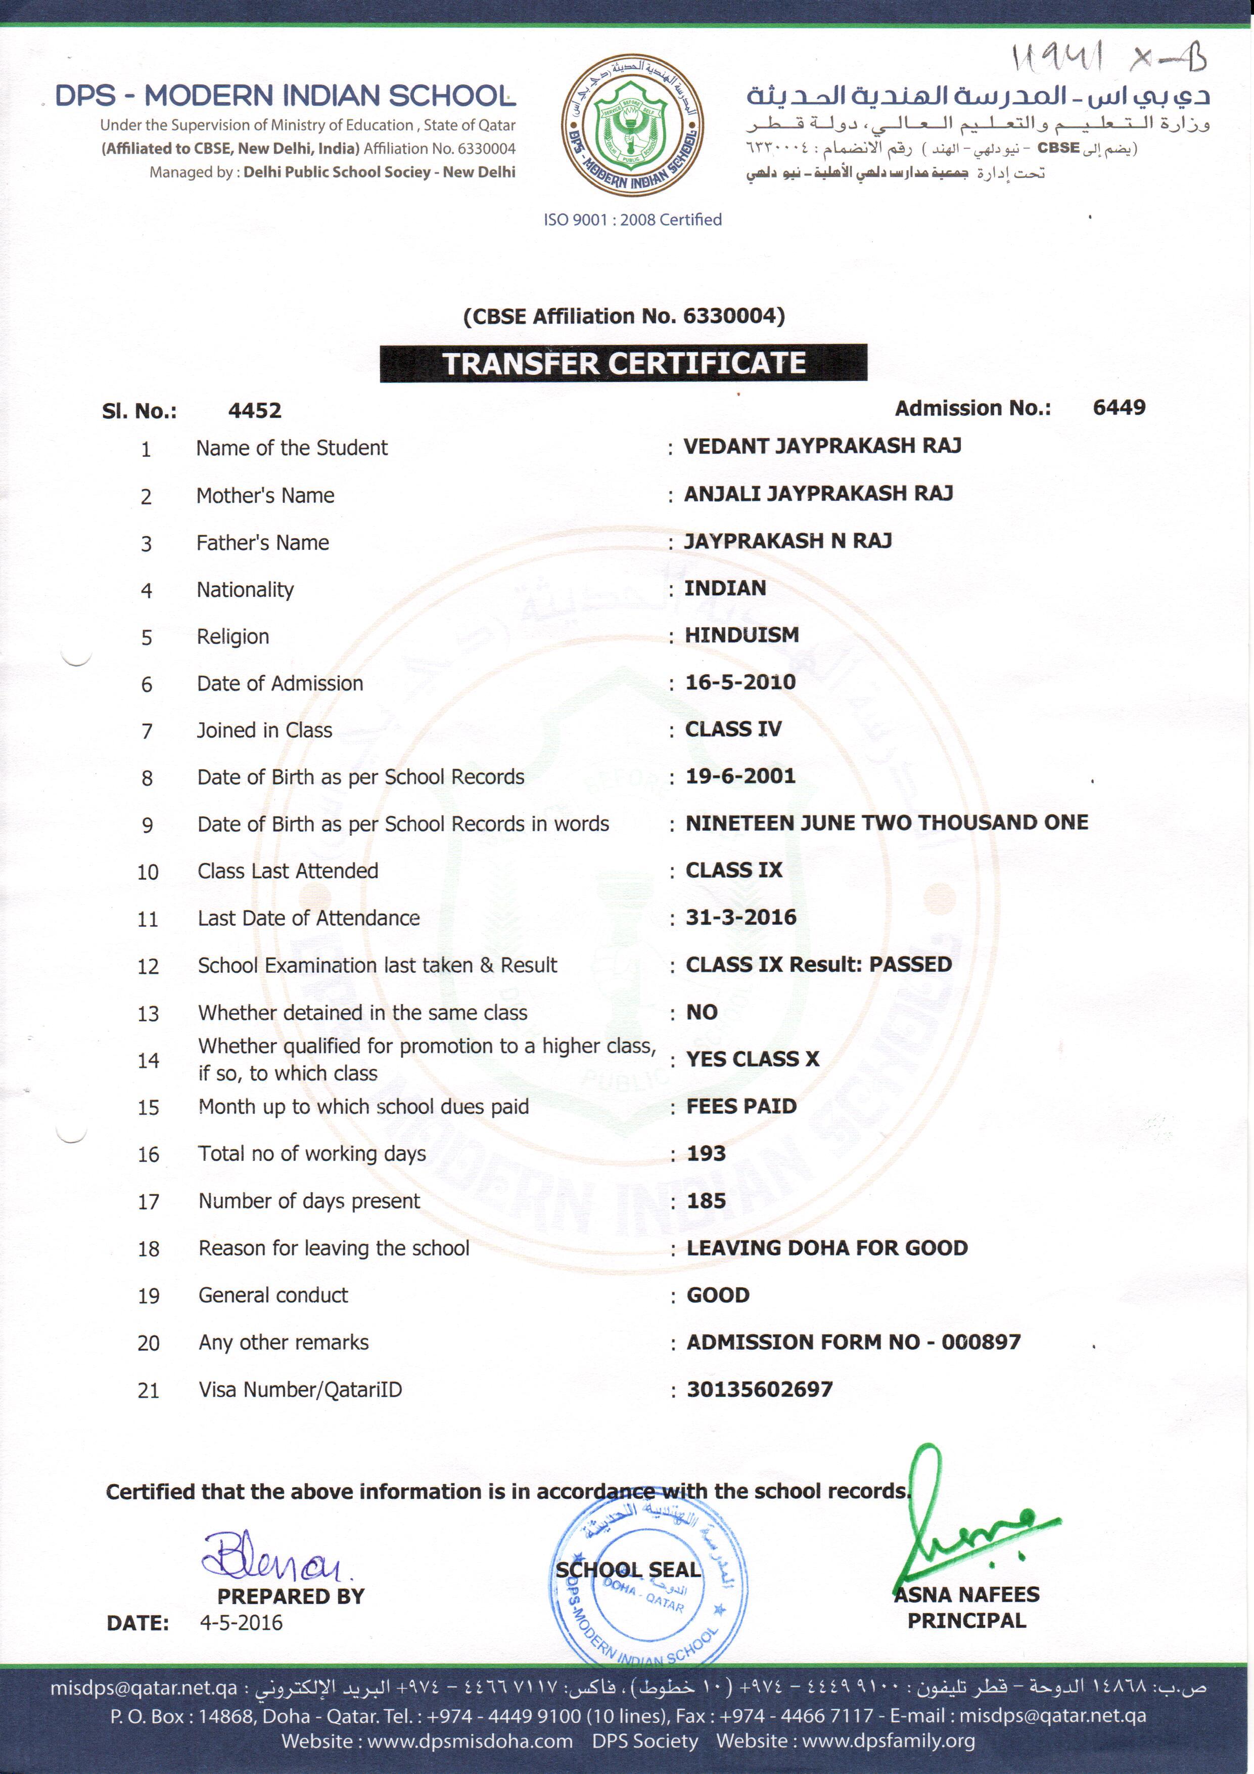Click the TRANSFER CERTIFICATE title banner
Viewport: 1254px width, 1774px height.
623,363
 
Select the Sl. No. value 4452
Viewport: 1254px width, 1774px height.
255,410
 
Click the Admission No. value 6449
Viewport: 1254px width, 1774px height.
1119,407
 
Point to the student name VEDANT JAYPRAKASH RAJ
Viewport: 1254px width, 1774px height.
822,446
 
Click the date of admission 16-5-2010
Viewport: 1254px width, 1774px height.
740,682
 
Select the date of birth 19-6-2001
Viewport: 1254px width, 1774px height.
740,776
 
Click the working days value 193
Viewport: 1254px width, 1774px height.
707,1153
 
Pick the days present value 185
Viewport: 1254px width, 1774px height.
707,1201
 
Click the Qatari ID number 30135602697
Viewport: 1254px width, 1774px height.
760,1389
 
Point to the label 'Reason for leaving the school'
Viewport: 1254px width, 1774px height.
334,1248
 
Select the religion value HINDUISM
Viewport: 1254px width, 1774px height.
742,635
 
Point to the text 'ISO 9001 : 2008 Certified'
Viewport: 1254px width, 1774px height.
632,220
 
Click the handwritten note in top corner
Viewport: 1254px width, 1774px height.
1108,59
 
